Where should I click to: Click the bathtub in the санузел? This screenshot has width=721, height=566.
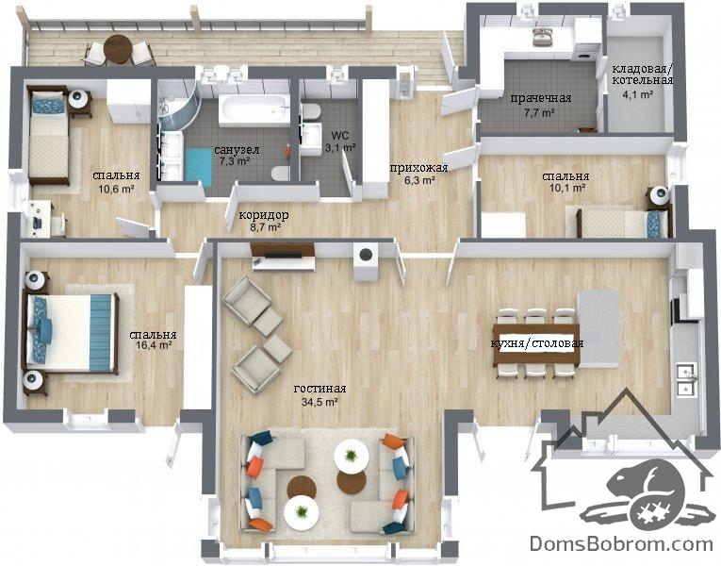click(x=254, y=109)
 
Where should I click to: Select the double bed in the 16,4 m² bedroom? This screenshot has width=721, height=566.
click(x=71, y=332)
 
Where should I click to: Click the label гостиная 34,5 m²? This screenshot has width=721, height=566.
click(x=320, y=395)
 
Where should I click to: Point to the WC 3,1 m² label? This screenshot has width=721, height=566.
click(x=341, y=141)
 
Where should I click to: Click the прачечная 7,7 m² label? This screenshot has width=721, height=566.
click(x=540, y=105)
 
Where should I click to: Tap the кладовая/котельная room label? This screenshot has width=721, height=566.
click(x=642, y=81)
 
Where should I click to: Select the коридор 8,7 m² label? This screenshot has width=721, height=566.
click(x=264, y=221)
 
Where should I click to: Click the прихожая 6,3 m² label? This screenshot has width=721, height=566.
click(x=418, y=174)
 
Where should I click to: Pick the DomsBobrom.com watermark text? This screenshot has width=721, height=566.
click(x=621, y=543)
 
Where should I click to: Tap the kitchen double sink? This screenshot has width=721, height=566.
click(x=686, y=378)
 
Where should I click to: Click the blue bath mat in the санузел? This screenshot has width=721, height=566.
click(x=199, y=166)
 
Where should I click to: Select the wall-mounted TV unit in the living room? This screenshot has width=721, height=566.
click(x=284, y=257)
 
